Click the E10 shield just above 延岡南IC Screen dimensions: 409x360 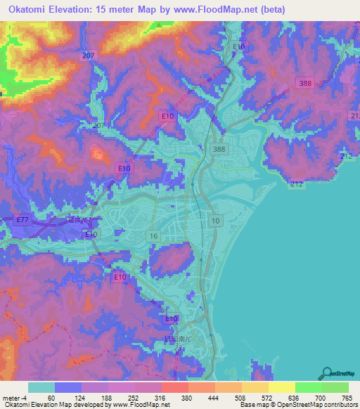[x=171, y=319]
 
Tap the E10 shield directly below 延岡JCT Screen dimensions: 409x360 [x=91, y=234]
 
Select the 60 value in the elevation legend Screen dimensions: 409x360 [x=51, y=397]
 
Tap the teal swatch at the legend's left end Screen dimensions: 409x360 [x=41, y=387]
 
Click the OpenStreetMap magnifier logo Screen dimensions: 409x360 [x=327, y=372]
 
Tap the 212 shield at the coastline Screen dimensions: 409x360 [x=295, y=184]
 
